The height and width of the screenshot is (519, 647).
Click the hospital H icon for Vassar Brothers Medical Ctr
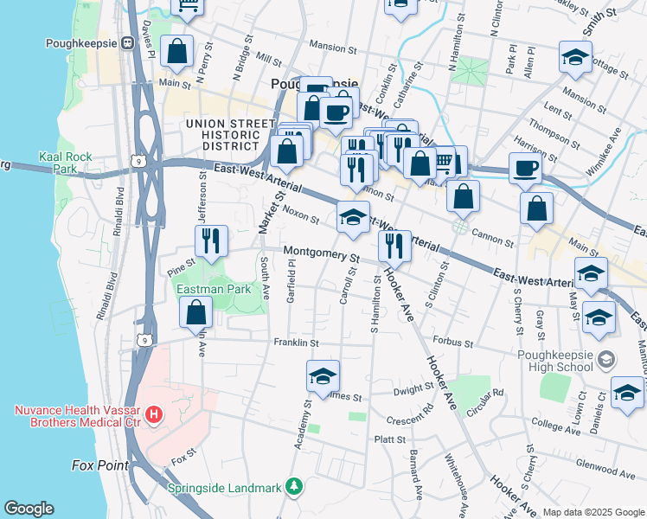point(154,416)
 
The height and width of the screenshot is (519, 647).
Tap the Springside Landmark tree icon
point(295,488)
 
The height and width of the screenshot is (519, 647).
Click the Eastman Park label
point(214,290)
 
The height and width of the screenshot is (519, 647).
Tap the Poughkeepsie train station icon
point(126,42)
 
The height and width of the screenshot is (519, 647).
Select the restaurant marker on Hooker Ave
point(394,245)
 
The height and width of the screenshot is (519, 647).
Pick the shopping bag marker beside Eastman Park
point(197,311)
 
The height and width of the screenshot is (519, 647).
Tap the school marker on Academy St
point(323,375)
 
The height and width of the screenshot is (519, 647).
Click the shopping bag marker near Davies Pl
point(177,51)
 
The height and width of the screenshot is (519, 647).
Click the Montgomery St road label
point(321,257)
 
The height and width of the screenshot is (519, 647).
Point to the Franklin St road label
point(297,343)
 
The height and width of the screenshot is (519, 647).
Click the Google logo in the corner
point(29,509)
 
